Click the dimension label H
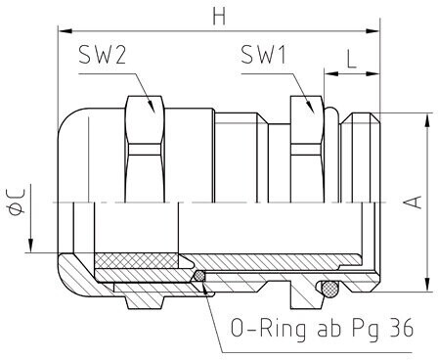pos(219,16)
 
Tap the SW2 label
pos(102,55)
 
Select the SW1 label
pos(263,55)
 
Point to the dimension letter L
pos(351,60)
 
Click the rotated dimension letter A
pos(413,202)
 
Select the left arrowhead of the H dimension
pos(65,31)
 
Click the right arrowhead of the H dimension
pos(373,31)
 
